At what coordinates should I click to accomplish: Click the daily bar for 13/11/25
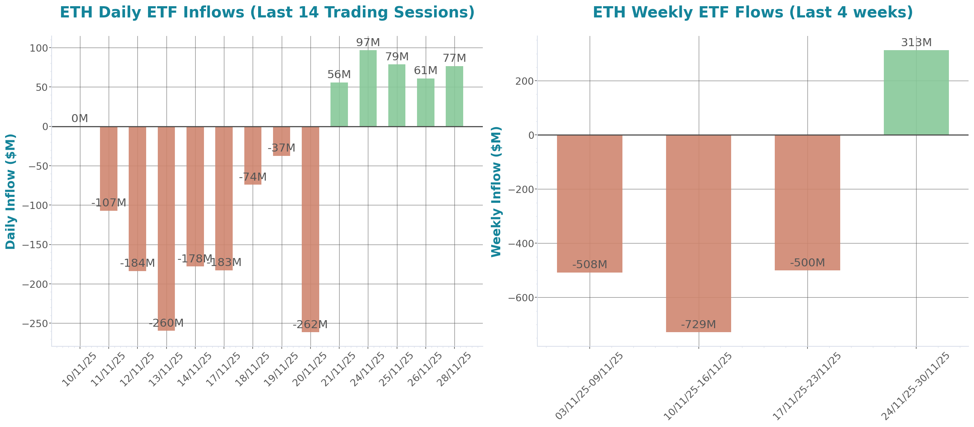[x=167, y=227]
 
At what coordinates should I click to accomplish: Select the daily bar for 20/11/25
[x=310, y=227]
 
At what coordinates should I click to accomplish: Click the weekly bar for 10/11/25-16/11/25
[x=698, y=227]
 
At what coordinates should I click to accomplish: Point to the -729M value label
[x=698, y=324]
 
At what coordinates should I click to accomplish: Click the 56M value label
[x=339, y=74]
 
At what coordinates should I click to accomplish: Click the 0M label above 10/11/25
[x=80, y=118]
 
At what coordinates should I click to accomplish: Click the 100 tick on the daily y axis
[x=39, y=48]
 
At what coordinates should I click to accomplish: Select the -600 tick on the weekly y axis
[x=521, y=298]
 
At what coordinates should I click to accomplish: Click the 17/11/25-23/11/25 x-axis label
[x=807, y=386]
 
